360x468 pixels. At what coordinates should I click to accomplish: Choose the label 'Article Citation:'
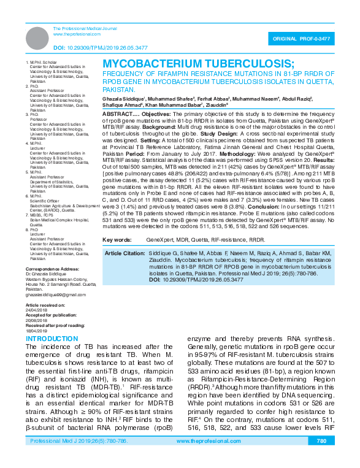124,253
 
